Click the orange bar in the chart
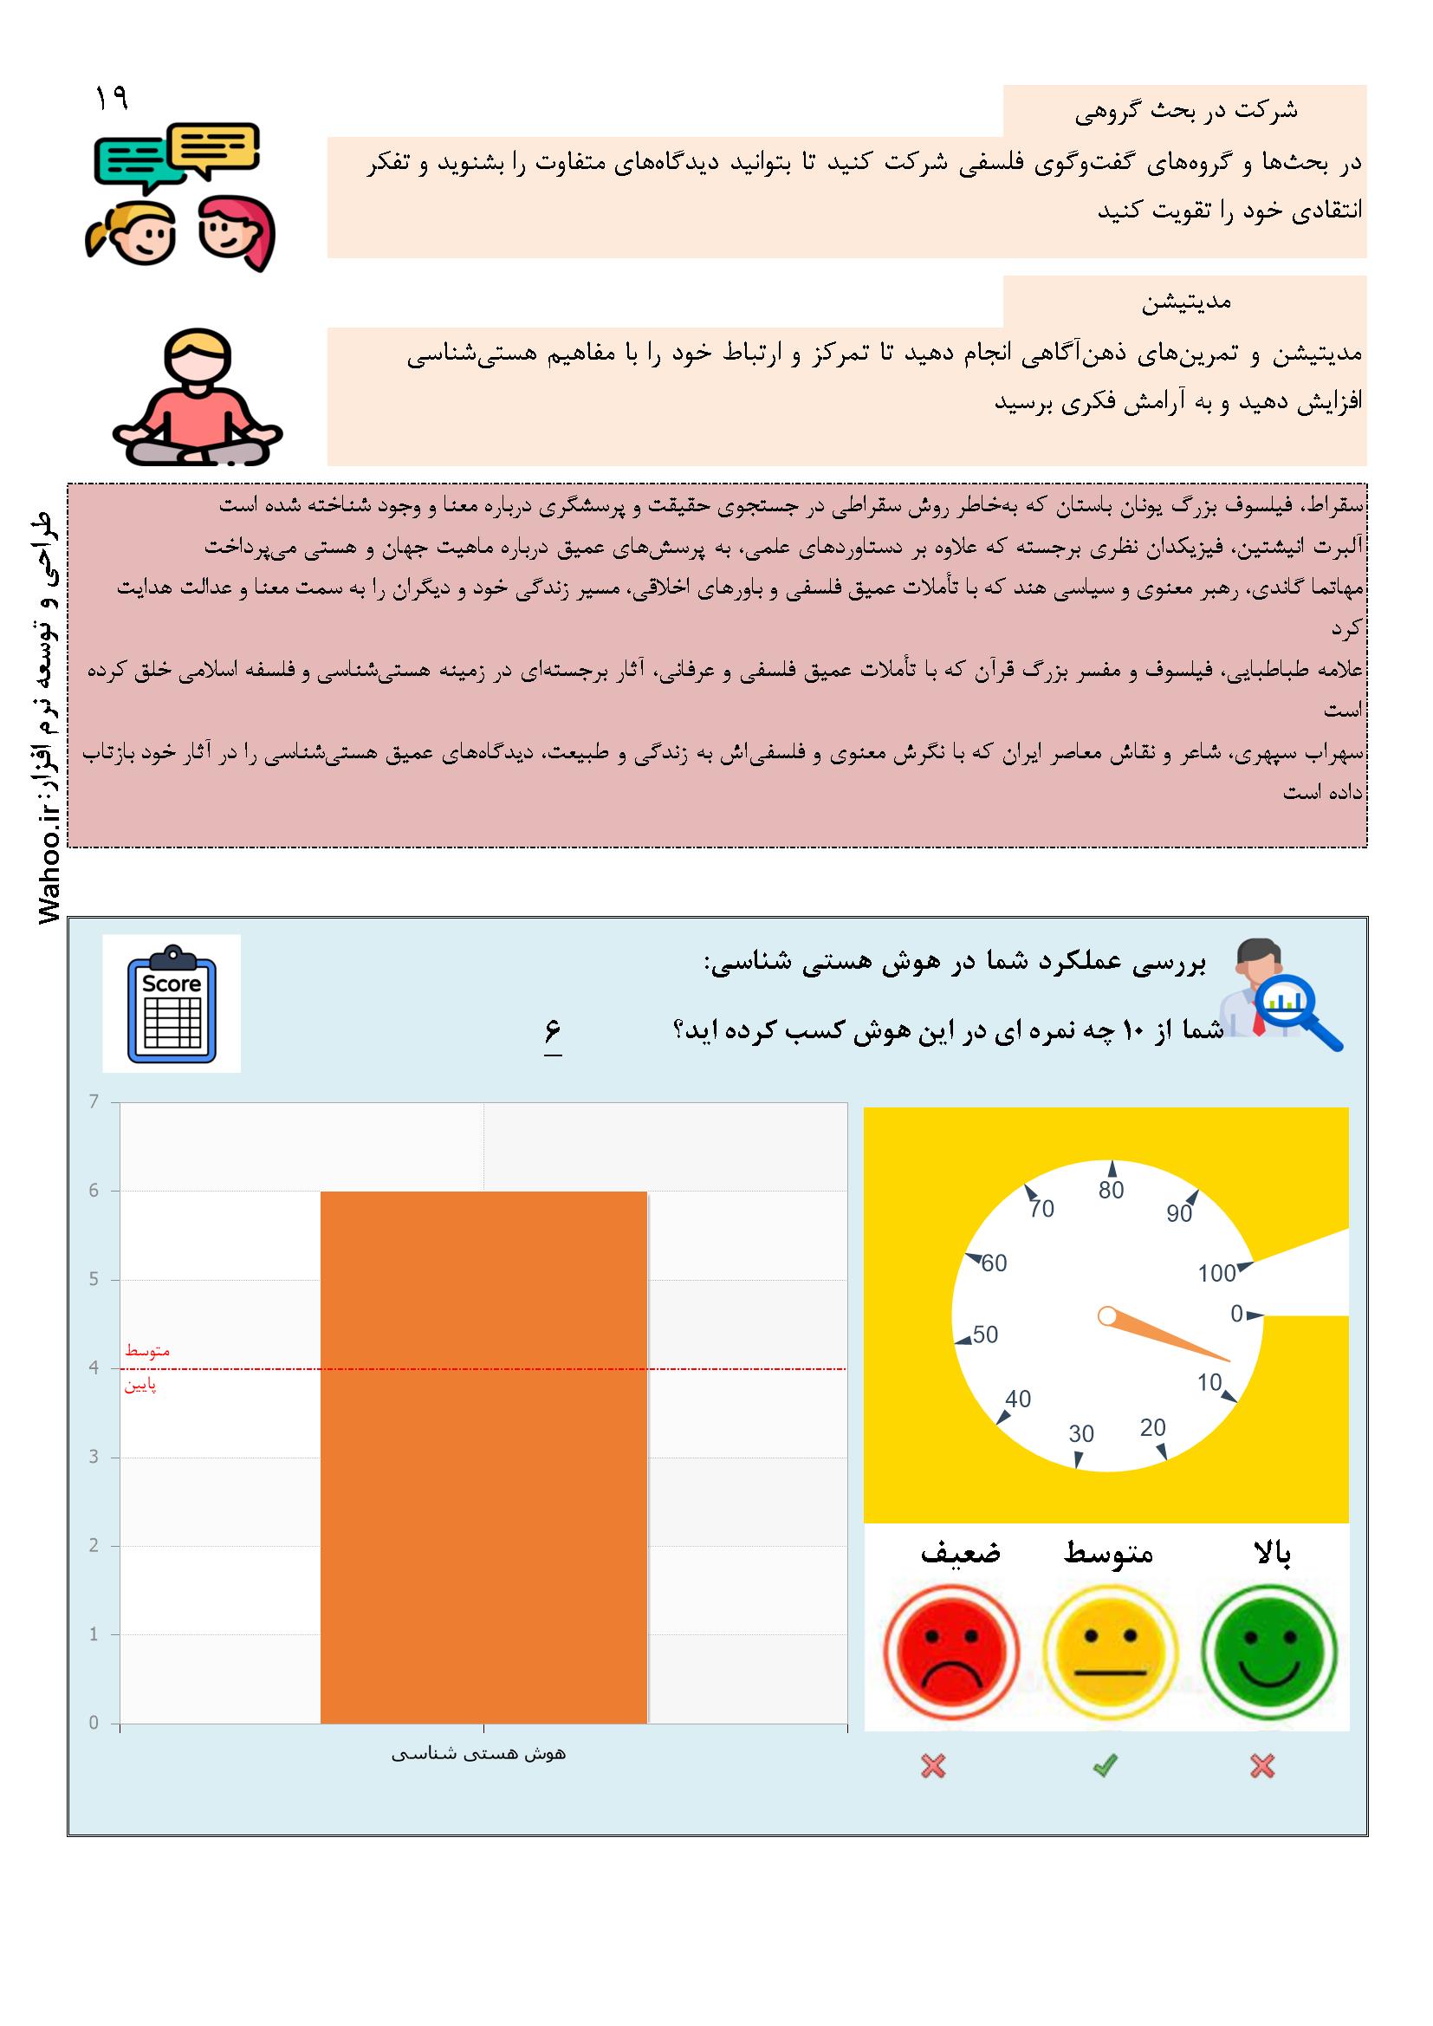click(483, 1456)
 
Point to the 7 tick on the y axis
click(94, 1101)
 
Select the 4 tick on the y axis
click(94, 1367)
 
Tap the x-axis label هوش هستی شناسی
click(478, 1754)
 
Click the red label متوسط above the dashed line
click(147, 1351)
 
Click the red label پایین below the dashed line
click(140, 1386)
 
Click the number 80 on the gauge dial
click(1111, 1191)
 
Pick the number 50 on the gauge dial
click(985, 1334)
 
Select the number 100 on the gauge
click(1216, 1273)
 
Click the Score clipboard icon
click(172, 1003)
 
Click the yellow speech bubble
click(213, 147)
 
